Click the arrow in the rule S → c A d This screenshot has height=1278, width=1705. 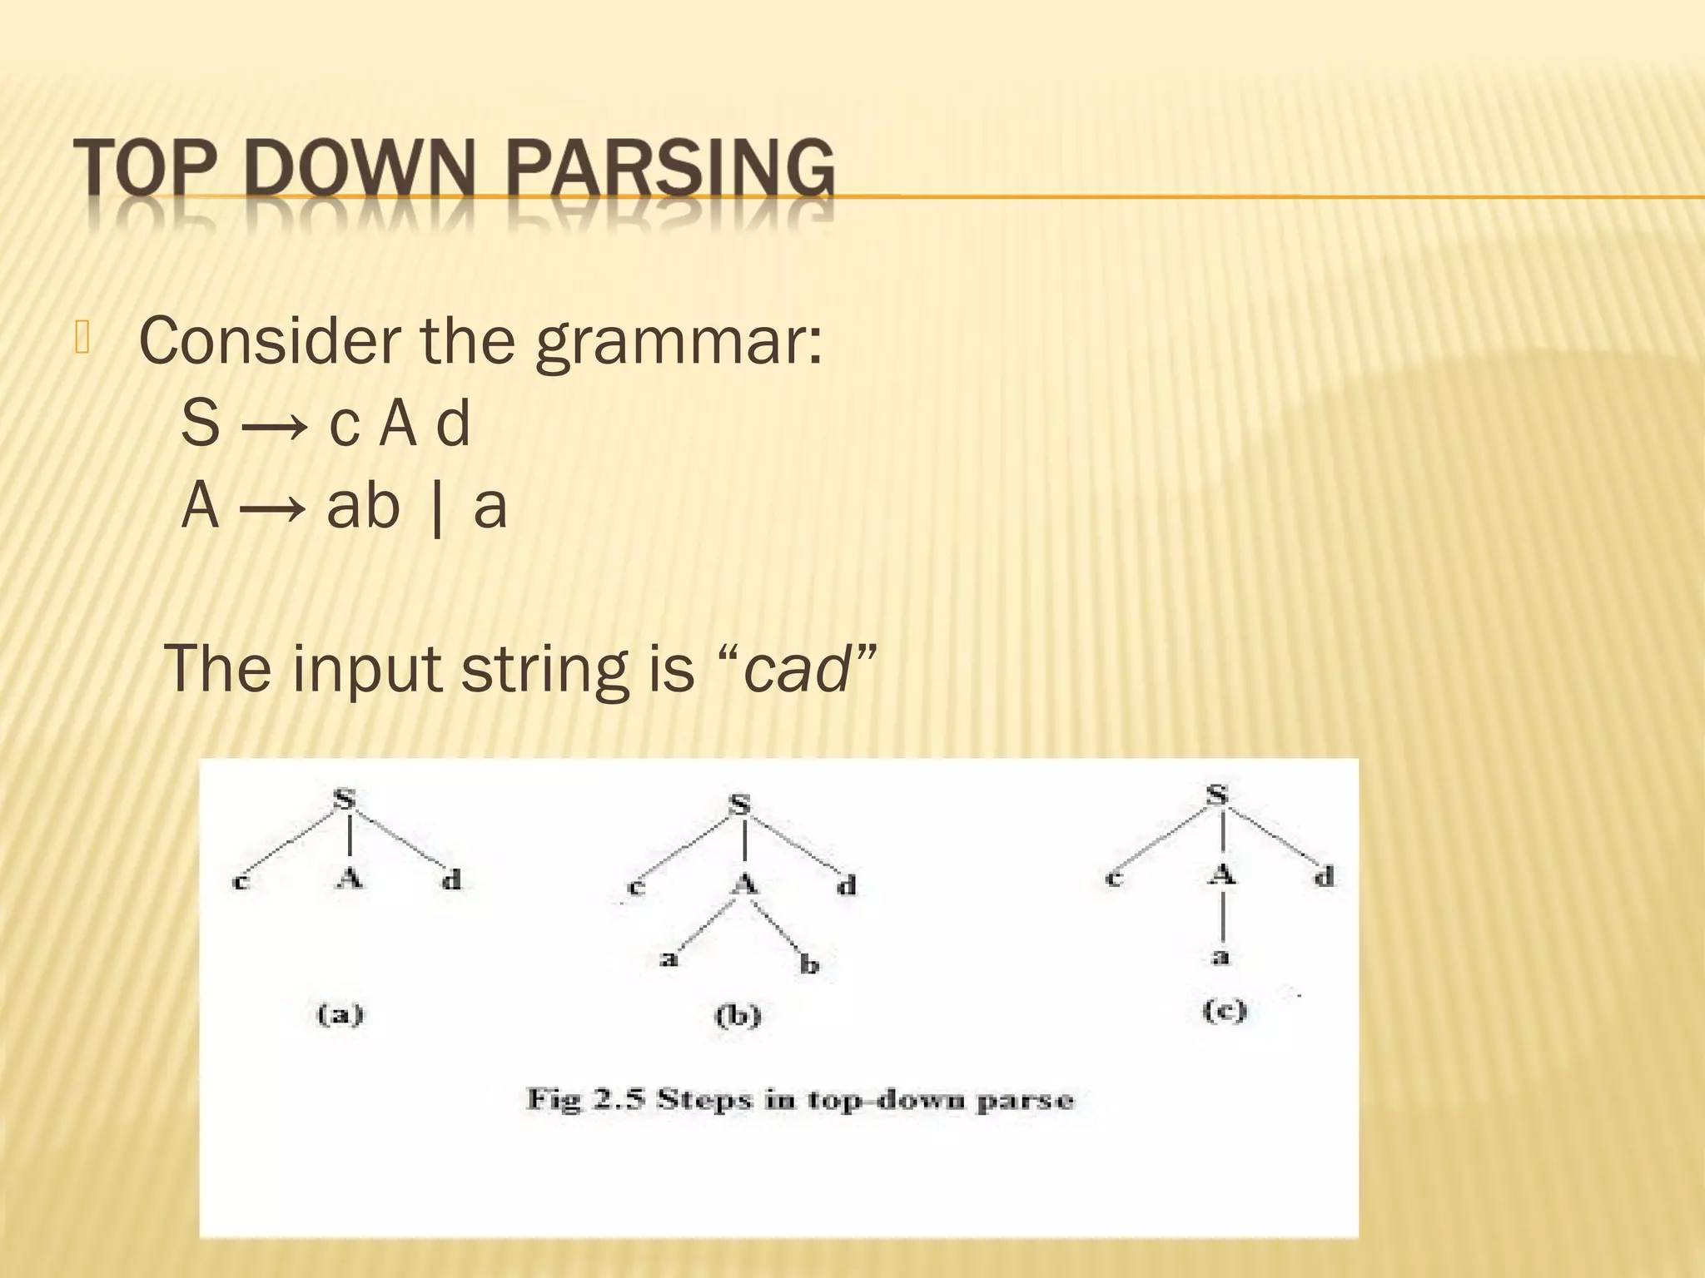pos(274,425)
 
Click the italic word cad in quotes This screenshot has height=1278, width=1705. pos(795,668)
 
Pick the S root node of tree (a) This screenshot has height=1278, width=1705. pos(345,799)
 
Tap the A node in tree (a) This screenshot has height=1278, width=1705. pos(350,878)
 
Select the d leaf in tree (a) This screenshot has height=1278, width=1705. pos(451,879)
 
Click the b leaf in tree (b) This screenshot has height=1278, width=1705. pos(809,964)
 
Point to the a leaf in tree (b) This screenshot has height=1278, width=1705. pos(669,959)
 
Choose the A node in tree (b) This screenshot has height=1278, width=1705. pos(745,884)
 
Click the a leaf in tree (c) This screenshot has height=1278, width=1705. pos(1220,957)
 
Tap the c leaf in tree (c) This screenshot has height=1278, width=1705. pos(1114,878)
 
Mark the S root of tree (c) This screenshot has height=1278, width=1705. pos(1217,795)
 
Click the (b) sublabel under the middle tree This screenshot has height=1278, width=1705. pos(738,1016)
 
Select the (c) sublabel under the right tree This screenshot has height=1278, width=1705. pos(1224,1010)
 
